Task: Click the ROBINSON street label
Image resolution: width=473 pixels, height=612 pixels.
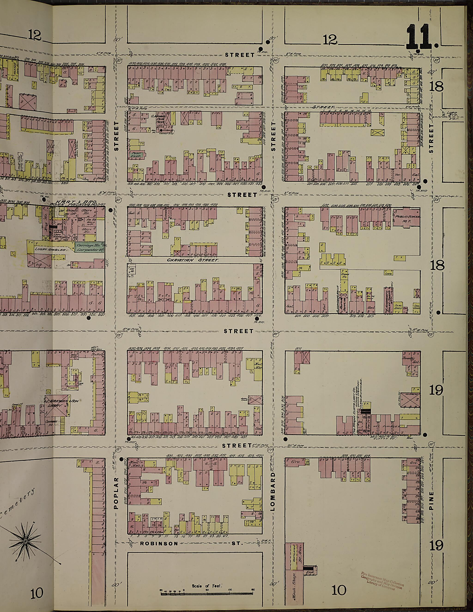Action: coord(159,543)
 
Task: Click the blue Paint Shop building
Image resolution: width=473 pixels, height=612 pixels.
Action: coord(136,154)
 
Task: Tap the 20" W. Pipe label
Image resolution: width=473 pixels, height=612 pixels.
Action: coord(293,445)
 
